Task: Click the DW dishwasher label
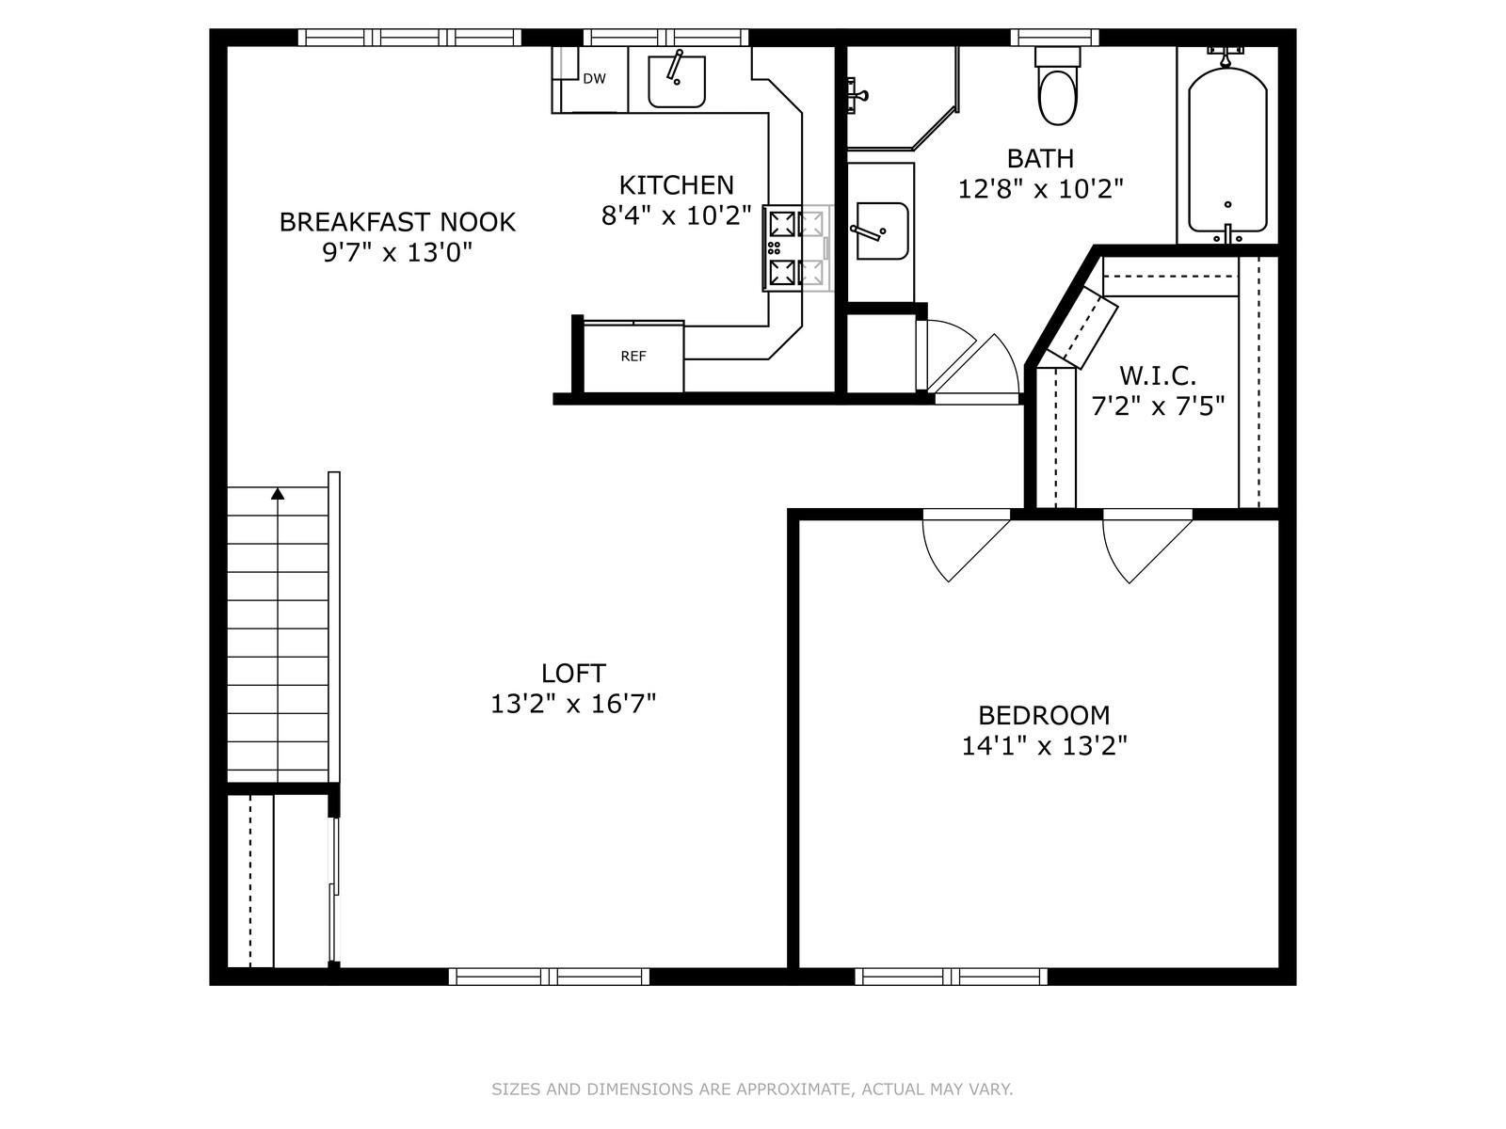click(x=594, y=79)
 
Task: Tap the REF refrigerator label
click(x=633, y=357)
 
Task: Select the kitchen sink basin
click(x=677, y=82)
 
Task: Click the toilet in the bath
click(x=1057, y=86)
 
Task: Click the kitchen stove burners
click(x=796, y=248)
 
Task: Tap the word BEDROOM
click(x=1044, y=716)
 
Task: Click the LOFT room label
click(x=573, y=673)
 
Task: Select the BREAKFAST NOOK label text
click(x=397, y=222)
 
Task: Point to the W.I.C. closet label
click(x=1158, y=375)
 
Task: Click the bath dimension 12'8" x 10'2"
click(x=1040, y=188)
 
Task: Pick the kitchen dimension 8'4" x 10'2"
click(x=677, y=216)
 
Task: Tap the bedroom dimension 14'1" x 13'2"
click(x=1044, y=746)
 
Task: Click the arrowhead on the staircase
click(x=277, y=493)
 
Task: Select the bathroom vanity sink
click(x=882, y=231)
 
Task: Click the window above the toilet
click(x=1054, y=37)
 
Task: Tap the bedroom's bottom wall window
click(x=951, y=977)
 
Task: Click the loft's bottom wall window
click(x=549, y=977)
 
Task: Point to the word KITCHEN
click(x=677, y=185)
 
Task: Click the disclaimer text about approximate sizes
click(x=752, y=1089)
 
